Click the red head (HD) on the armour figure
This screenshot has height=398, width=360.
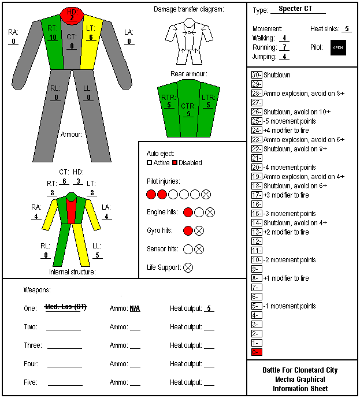(72, 16)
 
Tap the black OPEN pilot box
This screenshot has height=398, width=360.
(338, 47)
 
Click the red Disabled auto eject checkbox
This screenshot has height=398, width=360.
(175, 163)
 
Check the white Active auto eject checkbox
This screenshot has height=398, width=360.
(149, 163)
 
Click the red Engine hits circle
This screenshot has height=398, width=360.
(188, 212)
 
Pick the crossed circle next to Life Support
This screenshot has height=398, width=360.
(188, 267)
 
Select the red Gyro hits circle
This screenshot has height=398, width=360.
(188, 230)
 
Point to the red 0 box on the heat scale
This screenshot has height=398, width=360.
(257, 352)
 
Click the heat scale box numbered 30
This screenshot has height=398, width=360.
(257, 75)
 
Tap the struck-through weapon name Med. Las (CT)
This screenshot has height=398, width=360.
(66, 307)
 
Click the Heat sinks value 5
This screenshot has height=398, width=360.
(347, 29)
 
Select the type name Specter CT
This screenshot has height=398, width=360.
(295, 9)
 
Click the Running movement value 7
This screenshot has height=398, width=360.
(284, 47)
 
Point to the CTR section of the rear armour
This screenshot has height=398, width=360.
(188, 109)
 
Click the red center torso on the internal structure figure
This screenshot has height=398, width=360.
(71, 211)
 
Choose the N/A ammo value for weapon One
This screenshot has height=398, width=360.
(135, 308)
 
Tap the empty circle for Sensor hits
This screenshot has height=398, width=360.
(188, 250)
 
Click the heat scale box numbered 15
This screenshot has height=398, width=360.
(257, 214)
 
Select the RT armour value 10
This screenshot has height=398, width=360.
(53, 38)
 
